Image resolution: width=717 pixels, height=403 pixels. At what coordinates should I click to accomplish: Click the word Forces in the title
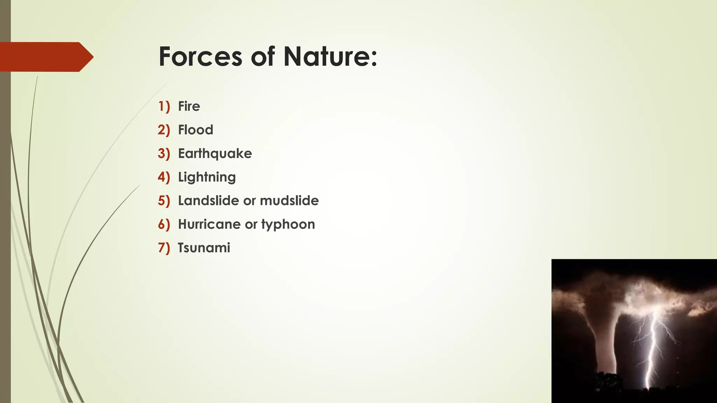coord(200,57)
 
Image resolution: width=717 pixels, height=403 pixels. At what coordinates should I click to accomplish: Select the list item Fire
coord(189,106)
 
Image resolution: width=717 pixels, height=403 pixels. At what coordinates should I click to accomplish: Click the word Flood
coord(195,130)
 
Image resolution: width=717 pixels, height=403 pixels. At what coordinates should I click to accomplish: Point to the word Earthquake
coord(215,154)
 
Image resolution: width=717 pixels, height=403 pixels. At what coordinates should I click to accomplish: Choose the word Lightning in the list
coord(207,177)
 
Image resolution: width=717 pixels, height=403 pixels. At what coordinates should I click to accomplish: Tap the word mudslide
coord(289,201)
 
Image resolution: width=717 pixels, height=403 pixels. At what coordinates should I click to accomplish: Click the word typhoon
coord(288,225)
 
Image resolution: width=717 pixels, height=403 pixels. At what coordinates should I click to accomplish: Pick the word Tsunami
coord(204,248)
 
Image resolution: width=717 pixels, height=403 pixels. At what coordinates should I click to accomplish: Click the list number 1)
coord(164,106)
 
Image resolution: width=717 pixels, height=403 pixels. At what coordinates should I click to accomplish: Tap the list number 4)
coord(164,177)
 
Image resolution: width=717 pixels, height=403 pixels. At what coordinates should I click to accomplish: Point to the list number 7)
coord(164,248)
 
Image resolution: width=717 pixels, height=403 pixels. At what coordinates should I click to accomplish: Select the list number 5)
coord(164,201)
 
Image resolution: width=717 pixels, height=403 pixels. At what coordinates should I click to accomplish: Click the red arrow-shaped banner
coord(46,57)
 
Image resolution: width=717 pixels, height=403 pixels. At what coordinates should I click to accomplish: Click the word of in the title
coord(263,57)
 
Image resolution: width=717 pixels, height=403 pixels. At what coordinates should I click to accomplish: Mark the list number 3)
coord(164,154)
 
